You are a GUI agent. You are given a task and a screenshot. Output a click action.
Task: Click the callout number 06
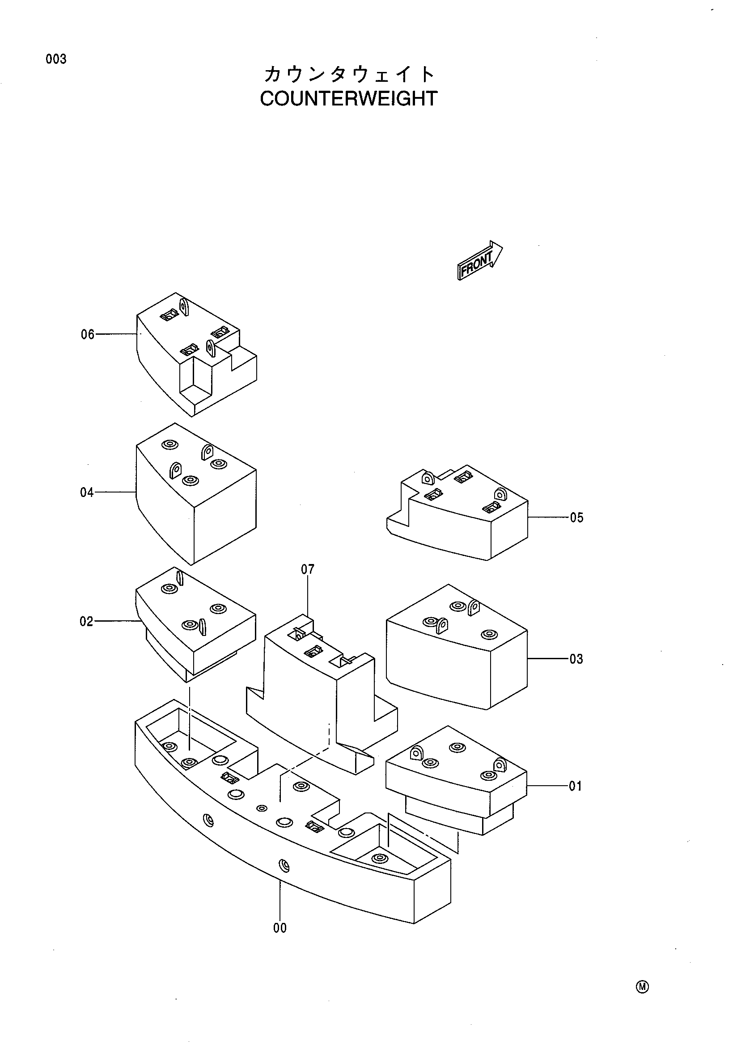coord(87,335)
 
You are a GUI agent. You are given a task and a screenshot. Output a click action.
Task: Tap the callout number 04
coord(87,493)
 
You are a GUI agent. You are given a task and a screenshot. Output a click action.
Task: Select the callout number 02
coord(86,622)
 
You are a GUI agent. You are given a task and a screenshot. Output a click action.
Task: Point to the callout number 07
coord(308,569)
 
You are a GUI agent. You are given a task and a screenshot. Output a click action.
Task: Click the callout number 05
coord(576,518)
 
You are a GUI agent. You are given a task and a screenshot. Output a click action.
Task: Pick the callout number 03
coord(576,659)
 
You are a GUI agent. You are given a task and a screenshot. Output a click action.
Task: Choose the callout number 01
coord(576,786)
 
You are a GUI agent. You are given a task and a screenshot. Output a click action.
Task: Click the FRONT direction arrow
coord(479,261)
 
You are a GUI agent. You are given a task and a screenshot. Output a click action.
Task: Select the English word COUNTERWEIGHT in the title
coord(348,99)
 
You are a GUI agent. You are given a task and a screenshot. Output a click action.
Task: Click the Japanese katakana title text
coord(349,74)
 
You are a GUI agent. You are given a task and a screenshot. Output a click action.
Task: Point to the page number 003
coord(56,59)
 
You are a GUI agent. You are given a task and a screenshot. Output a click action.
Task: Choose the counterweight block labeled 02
coord(195,625)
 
